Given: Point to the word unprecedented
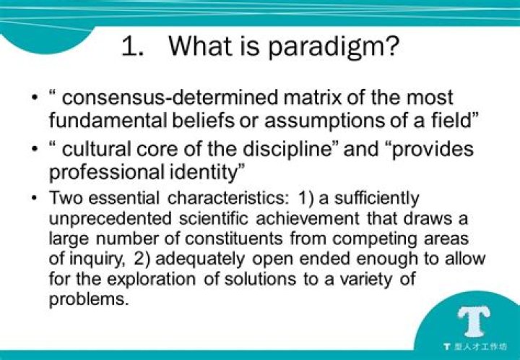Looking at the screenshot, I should click(101, 218).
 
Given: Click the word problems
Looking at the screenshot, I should click(88, 299).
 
